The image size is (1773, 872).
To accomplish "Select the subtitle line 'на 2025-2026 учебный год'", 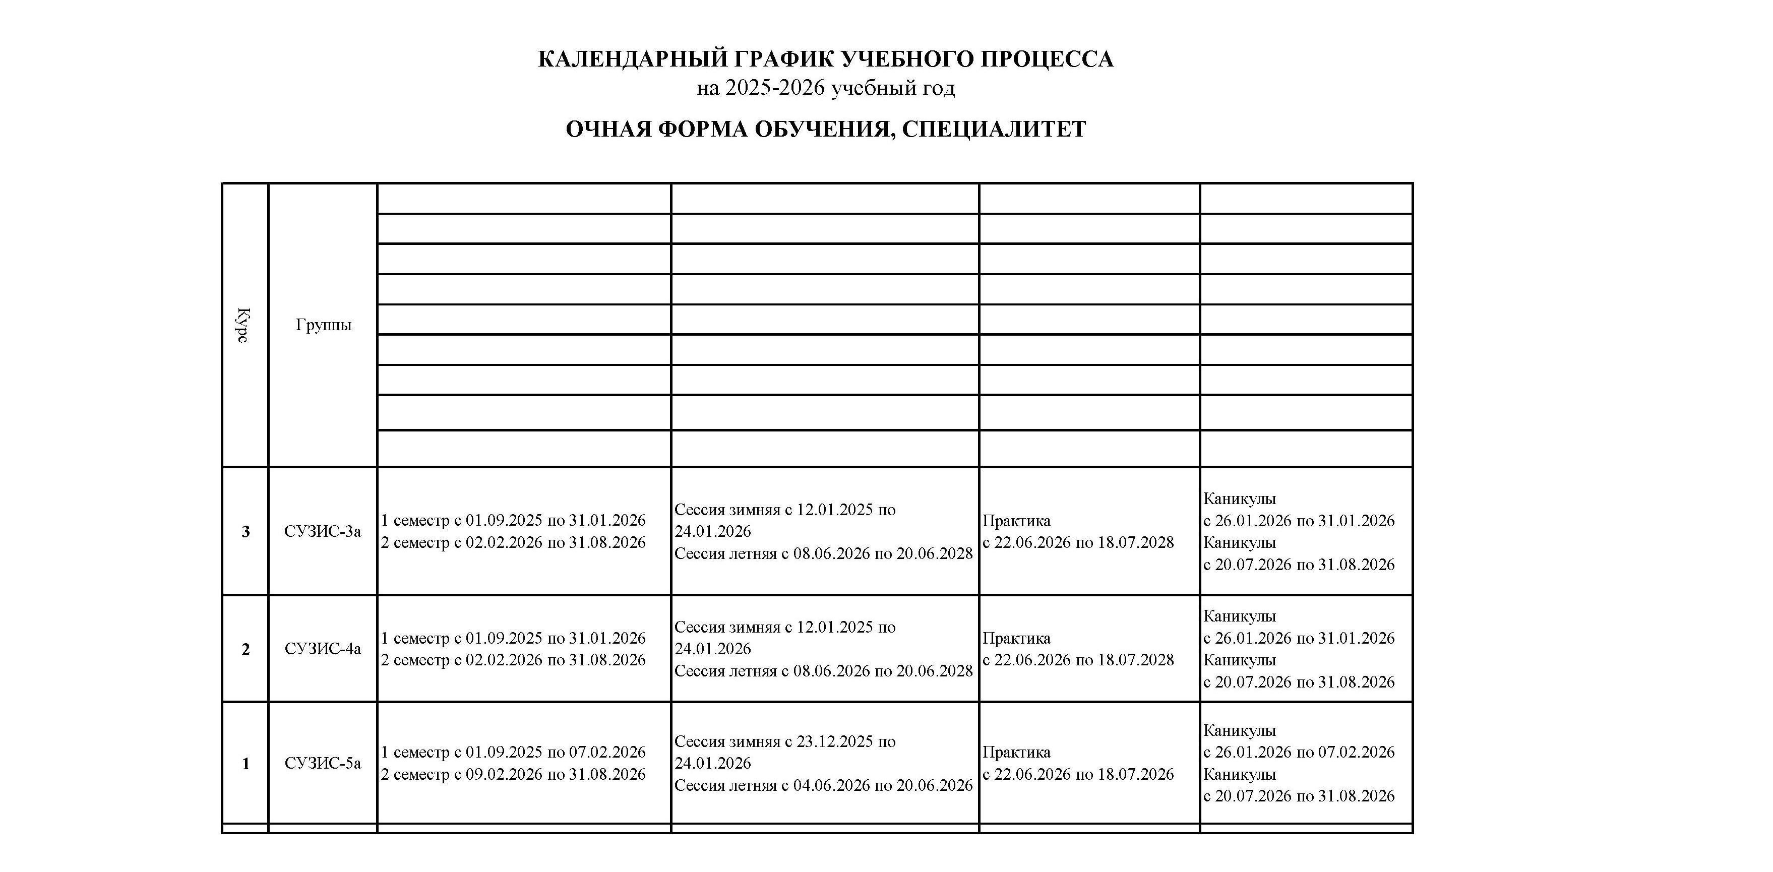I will click(x=825, y=89).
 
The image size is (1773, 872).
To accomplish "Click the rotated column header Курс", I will click(x=243, y=325).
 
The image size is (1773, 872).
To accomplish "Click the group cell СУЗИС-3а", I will click(x=322, y=531).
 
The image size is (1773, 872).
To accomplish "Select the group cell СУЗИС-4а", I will click(x=322, y=649).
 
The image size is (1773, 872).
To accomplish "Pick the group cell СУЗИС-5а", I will click(x=322, y=763).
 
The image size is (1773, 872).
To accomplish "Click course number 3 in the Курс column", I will click(x=245, y=532).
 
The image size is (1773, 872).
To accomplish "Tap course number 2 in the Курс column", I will click(x=245, y=650).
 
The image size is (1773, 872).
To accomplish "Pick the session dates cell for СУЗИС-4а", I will click(x=823, y=649).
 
